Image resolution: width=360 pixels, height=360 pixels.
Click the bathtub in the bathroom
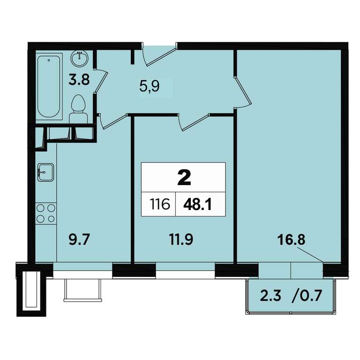click(x=49, y=86)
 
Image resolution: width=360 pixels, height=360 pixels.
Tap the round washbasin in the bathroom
click(x=79, y=58)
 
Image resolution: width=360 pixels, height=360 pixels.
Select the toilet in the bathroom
click(x=79, y=110)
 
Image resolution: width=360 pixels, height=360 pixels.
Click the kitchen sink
click(x=45, y=172)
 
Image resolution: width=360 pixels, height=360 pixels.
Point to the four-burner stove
click(x=46, y=214)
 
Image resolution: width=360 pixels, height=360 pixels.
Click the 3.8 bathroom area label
click(x=79, y=80)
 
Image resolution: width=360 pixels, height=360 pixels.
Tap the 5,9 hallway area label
click(x=150, y=87)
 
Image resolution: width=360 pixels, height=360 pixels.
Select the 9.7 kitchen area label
click(x=79, y=240)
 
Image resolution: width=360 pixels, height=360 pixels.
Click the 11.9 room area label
click(x=181, y=240)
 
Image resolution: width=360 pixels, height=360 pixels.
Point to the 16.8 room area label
click(x=292, y=240)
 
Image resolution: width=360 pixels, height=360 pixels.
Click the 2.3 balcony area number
click(x=270, y=295)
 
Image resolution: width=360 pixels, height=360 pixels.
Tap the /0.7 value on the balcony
click(x=307, y=295)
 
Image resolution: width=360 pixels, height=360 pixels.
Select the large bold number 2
click(x=184, y=178)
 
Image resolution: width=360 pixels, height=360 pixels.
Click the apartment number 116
click(x=160, y=204)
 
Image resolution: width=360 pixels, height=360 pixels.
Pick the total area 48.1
click(x=197, y=204)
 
